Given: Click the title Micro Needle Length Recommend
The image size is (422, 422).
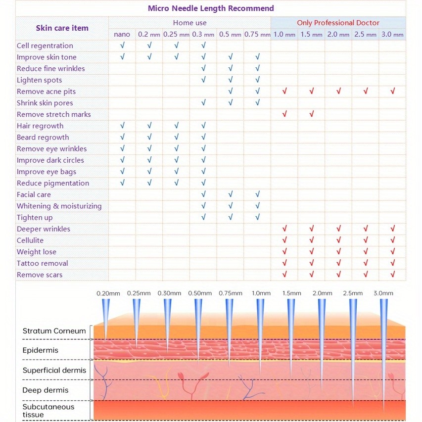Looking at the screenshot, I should (211, 8).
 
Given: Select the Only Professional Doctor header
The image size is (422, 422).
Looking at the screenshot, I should (338, 23).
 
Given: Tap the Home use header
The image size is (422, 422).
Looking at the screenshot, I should (189, 23).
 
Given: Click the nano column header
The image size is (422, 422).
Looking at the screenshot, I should (122, 35).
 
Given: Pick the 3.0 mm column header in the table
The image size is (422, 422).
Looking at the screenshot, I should (392, 35).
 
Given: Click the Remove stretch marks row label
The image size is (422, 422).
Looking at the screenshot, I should (54, 114).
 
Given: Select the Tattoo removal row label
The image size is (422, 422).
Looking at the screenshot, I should (43, 263).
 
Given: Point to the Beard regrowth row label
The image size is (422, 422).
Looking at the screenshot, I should (43, 138).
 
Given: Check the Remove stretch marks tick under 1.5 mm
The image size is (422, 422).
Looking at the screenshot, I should (312, 114).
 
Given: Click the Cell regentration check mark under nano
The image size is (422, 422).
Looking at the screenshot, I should (122, 46).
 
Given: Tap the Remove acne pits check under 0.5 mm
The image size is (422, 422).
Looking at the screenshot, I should (231, 92).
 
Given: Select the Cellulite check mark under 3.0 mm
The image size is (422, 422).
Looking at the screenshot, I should (393, 240).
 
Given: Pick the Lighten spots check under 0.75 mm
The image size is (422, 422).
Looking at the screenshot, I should (258, 80).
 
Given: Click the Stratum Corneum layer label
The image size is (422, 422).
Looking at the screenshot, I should (54, 331).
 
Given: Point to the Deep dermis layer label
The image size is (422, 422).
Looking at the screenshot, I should (46, 390).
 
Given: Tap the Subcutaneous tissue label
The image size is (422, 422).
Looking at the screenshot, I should (48, 411).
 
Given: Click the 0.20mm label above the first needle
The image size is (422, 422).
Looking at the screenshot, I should (108, 293).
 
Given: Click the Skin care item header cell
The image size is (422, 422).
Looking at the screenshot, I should (62, 28).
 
